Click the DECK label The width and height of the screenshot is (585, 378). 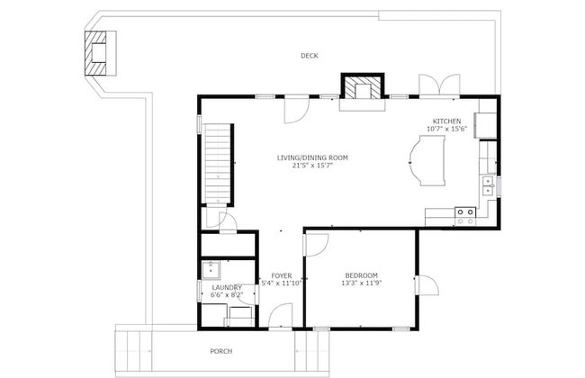(x=310, y=56)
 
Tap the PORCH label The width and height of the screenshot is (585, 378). (x=221, y=351)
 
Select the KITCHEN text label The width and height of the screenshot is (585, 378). (x=446, y=121)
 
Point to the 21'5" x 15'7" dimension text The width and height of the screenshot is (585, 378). (x=312, y=165)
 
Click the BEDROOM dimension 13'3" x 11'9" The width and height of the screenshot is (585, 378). (x=362, y=283)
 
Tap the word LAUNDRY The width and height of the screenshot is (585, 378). (x=227, y=288)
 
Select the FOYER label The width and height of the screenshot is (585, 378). (x=282, y=276)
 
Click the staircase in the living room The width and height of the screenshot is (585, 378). (x=218, y=164)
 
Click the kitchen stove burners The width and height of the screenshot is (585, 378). (x=465, y=216)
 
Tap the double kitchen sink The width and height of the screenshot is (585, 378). (x=489, y=186)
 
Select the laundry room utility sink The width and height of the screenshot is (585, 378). (x=211, y=270)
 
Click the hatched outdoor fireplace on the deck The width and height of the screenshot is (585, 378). (x=95, y=53)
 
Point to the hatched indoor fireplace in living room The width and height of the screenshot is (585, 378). (x=363, y=87)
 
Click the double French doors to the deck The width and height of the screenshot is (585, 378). (x=439, y=85)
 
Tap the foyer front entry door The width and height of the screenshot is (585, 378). (x=281, y=317)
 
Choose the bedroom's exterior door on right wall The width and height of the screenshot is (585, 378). (x=427, y=285)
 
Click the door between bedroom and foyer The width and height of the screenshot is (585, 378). (x=316, y=245)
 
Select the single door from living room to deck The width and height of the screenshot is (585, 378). (x=297, y=109)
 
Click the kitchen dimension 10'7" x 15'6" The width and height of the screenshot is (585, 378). (x=446, y=129)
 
